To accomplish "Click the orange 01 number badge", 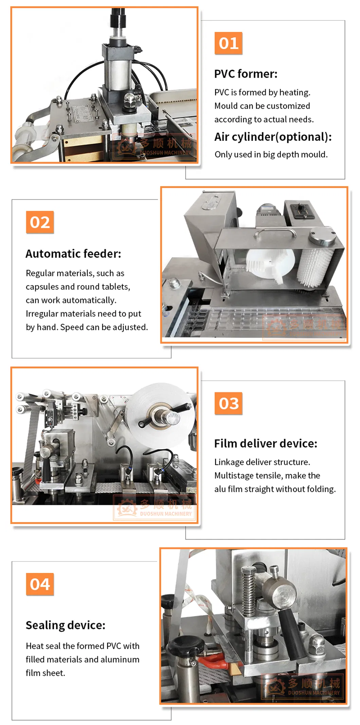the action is click(228, 43).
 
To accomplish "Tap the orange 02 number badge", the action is click(40, 222).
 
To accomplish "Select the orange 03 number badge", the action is click(228, 403).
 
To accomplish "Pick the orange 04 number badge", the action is click(40, 584).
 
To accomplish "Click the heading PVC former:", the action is click(246, 74).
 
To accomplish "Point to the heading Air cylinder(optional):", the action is click(273, 137).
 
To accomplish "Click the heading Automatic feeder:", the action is click(73, 254).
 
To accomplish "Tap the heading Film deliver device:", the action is click(266, 443).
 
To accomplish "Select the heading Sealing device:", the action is click(66, 625).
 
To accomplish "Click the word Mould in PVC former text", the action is click(226, 106).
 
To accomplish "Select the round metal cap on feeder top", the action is click(322, 237).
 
